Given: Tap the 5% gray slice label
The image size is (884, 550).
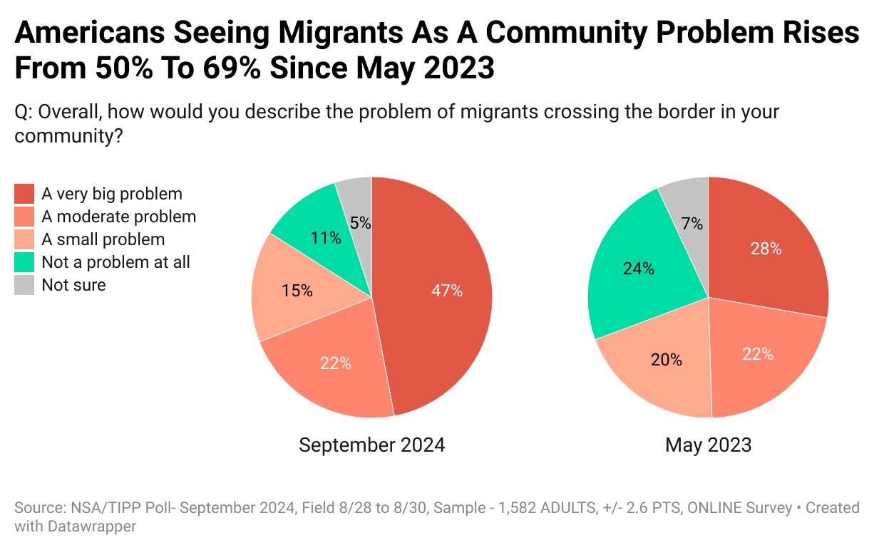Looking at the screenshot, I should [361, 222].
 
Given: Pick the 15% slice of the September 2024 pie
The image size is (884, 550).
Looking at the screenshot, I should [297, 291].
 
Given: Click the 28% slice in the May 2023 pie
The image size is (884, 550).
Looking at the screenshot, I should [766, 249].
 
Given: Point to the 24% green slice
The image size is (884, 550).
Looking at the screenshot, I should [639, 269].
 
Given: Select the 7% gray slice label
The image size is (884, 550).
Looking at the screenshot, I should [692, 224].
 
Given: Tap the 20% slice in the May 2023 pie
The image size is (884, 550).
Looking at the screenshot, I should [667, 360].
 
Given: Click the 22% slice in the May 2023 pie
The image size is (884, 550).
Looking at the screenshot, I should [757, 354].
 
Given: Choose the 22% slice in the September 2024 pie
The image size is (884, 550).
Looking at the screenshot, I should [335, 363].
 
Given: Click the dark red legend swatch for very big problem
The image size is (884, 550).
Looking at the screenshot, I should [24, 194].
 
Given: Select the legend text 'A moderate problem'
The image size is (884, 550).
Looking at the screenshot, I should [118, 217].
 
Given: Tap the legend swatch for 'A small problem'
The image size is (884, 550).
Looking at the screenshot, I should [24, 239].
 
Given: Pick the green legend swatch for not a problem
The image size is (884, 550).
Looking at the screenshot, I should [24, 262].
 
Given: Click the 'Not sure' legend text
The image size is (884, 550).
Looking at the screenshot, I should [73, 285].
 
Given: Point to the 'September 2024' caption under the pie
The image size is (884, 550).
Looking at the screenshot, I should [371, 445].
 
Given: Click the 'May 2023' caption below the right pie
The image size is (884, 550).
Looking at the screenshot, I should [708, 445].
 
